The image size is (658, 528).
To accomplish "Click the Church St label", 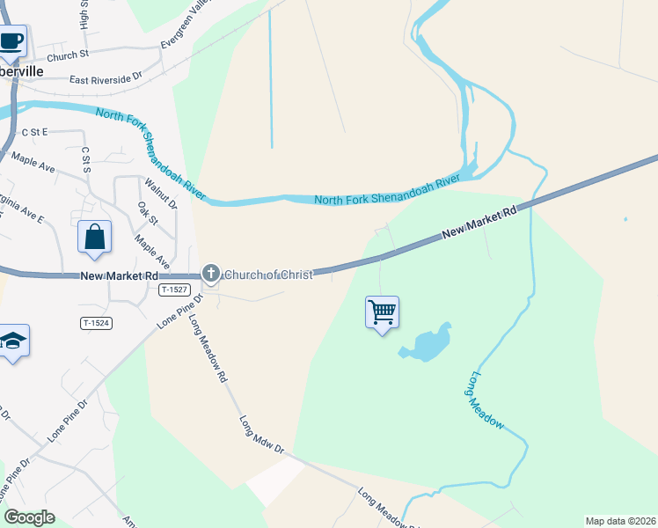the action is pyautogui.click(x=69, y=55).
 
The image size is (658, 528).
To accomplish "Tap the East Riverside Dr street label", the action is pyautogui.click(x=106, y=78).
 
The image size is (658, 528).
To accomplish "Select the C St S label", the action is pyautogui.click(x=85, y=159).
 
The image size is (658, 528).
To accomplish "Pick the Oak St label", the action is pyautogui.click(x=146, y=214).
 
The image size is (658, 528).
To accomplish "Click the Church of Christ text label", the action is pyautogui.click(x=268, y=275).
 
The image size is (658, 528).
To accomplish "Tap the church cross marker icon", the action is pyautogui.click(x=210, y=275).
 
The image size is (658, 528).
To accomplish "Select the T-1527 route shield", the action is pyautogui.click(x=175, y=290).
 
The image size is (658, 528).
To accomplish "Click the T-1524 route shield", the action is pyautogui.click(x=97, y=323).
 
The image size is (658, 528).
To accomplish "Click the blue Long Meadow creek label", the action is pyautogui.click(x=486, y=400).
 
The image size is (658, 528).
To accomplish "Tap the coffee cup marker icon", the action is pyautogui.click(x=11, y=40).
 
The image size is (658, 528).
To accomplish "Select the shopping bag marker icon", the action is pyautogui.click(x=95, y=238).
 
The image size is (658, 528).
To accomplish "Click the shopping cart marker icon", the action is pyautogui.click(x=382, y=312).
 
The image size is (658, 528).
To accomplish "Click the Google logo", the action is pyautogui.click(x=29, y=517).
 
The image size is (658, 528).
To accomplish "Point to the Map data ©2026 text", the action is pyautogui.click(x=620, y=521).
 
